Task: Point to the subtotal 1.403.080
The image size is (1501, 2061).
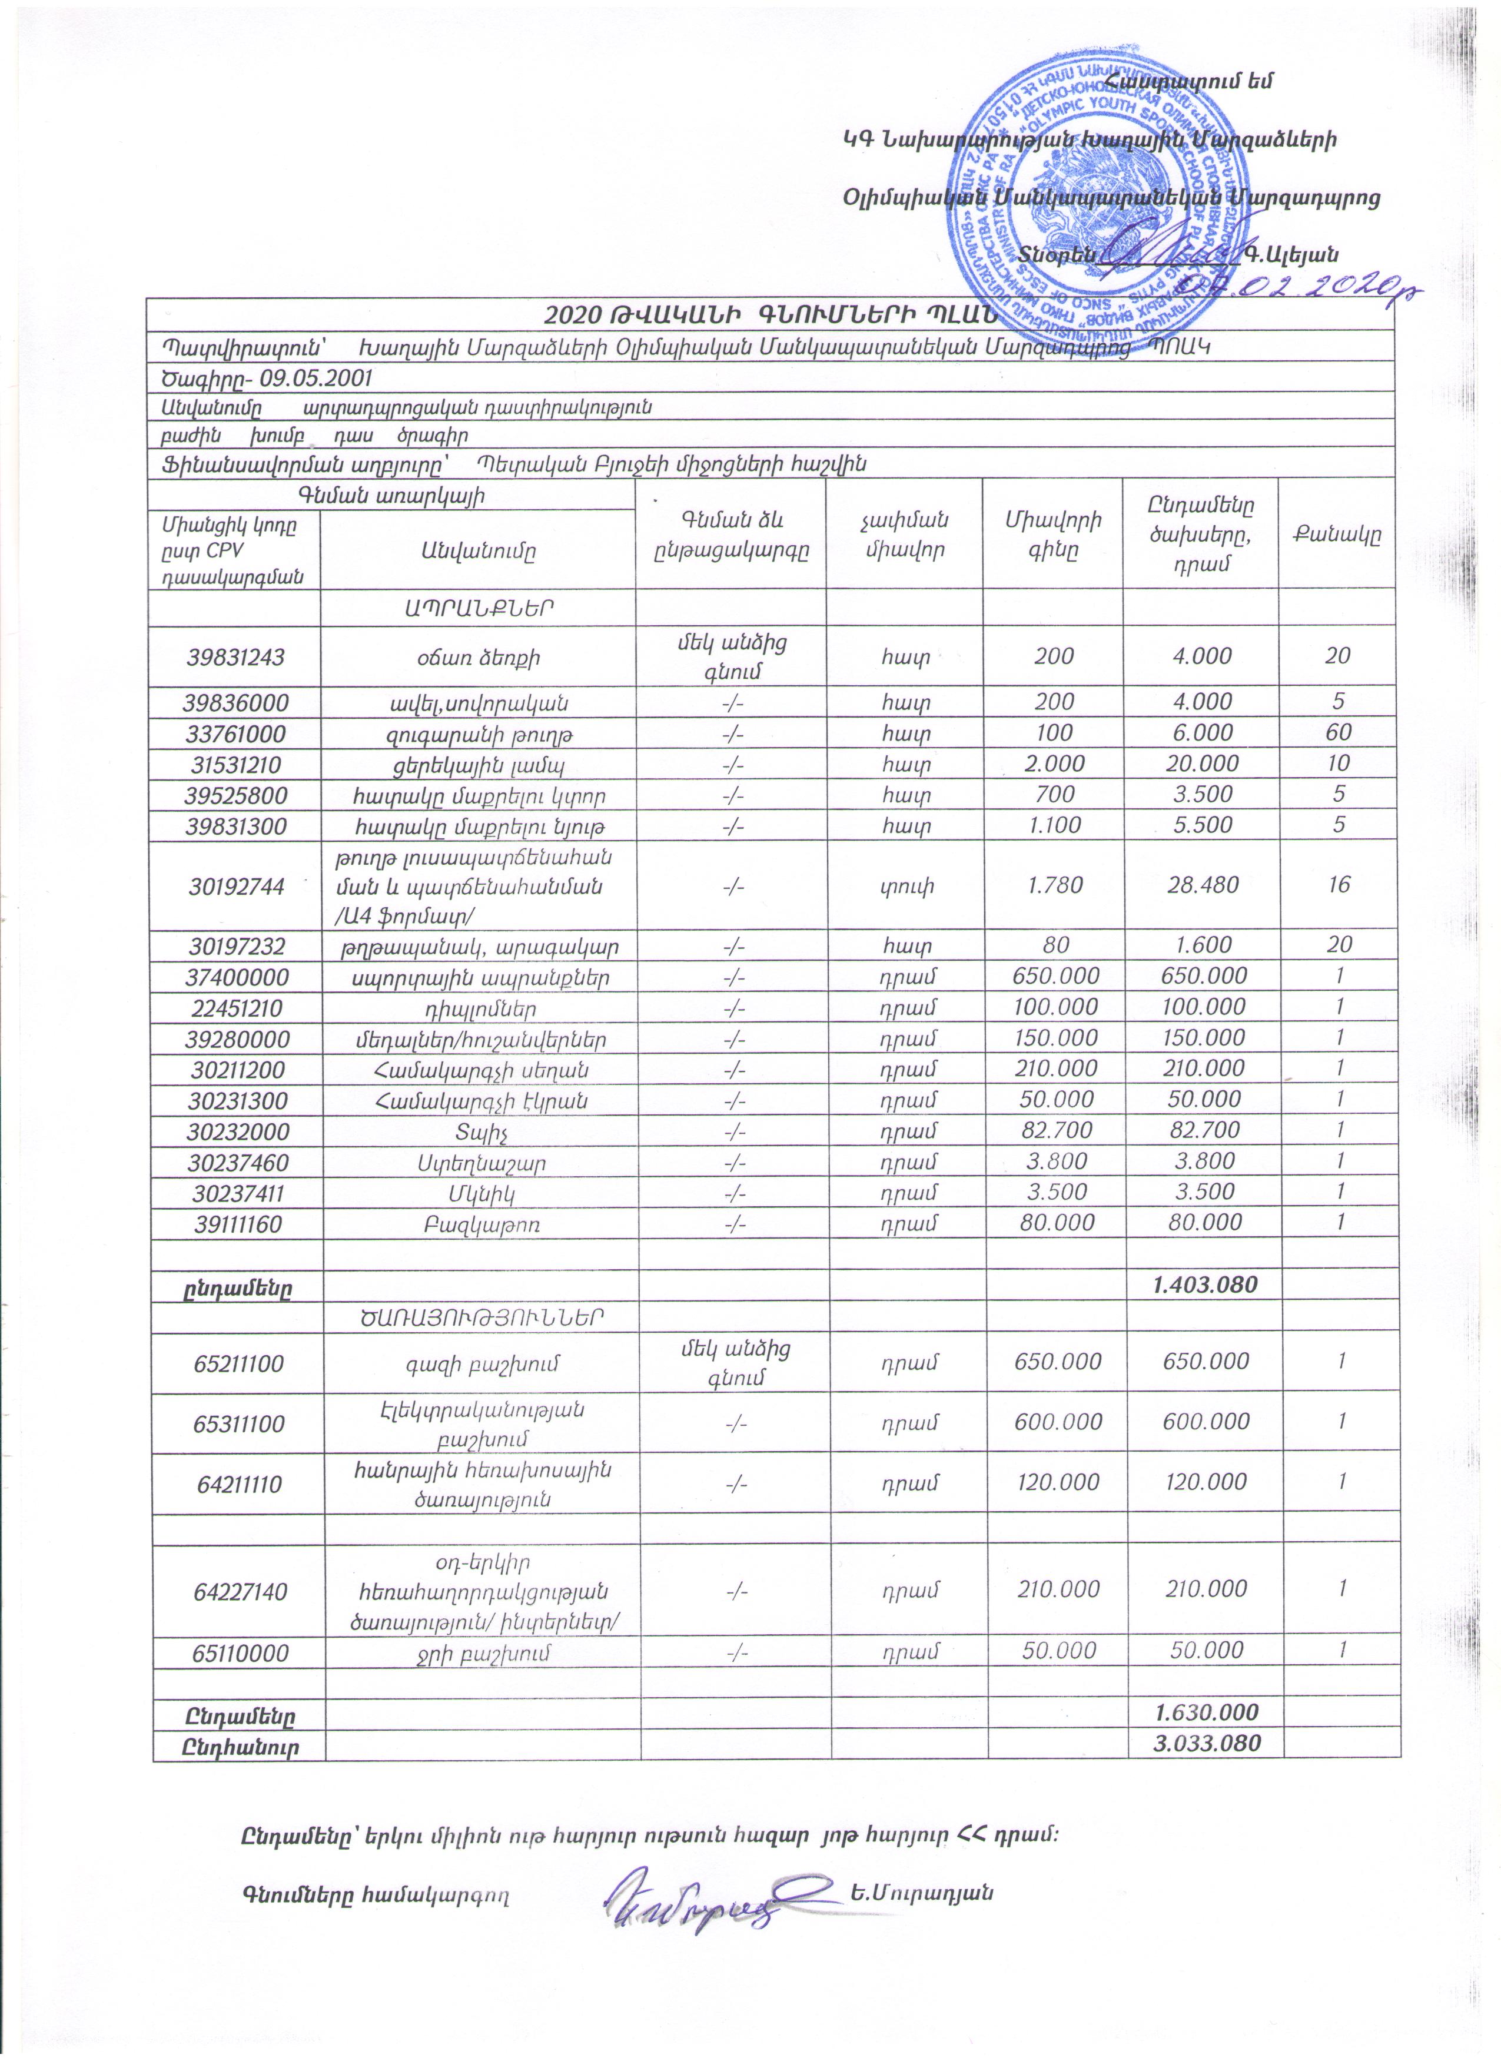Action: (1205, 1284)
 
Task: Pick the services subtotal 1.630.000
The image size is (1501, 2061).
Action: (1206, 1713)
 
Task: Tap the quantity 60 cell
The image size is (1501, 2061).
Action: (1337, 732)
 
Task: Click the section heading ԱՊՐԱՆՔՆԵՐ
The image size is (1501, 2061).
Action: (479, 607)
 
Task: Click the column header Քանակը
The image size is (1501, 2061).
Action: (1337, 535)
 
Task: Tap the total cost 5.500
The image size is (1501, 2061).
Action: (1202, 825)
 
